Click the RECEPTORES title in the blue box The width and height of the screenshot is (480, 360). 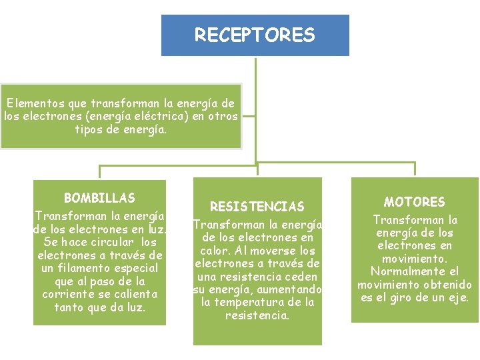[x=255, y=35]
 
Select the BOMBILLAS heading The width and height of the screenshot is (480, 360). [x=99, y=198]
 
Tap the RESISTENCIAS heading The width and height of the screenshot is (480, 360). [x=257, y=207]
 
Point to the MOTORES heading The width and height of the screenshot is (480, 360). [x=414, y=202]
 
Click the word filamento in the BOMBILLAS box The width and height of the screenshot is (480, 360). [x=87, y=268]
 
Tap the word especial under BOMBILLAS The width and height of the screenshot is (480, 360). [x=137, y=268]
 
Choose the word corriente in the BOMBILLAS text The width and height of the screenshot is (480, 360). [x=71, y=294]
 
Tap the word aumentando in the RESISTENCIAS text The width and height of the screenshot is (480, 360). [x=288, y=289]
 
